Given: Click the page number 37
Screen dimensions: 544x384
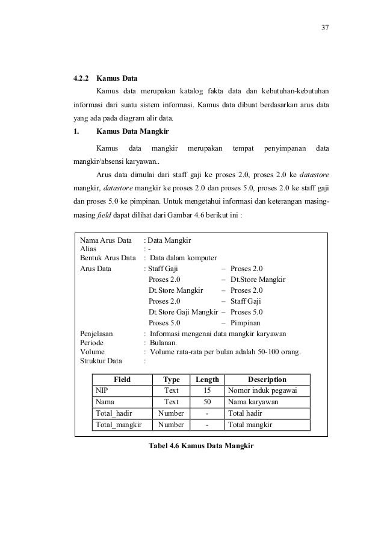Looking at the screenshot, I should (x=325, y=28).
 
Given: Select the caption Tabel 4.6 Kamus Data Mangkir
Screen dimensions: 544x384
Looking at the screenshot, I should (x=201, y=446).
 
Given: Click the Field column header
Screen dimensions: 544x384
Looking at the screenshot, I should (x=122, y=380).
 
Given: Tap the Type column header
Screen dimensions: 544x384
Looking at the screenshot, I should (x=172, y=380).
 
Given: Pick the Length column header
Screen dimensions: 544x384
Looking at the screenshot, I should (x=207, y=380).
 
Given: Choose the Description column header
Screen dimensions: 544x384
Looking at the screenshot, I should (x=267, y=380).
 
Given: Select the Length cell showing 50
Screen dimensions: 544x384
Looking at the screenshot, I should (x=207, y=402).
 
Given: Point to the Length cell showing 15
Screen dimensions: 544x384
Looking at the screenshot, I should (x=207, y=390).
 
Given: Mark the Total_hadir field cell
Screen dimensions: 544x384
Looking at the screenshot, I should (x=114, y=413).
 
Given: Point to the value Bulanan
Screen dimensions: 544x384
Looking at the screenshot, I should (x=165, y=343).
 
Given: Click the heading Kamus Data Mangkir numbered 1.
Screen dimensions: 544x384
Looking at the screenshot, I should (x=132, y=131).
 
